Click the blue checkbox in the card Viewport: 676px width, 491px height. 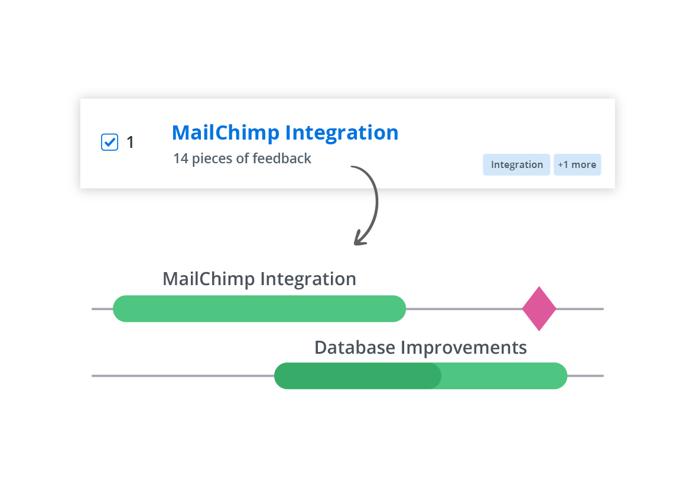109,142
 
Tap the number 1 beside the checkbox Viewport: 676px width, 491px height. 130,143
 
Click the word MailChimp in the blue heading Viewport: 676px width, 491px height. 226,133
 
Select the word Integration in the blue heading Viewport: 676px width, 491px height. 342,133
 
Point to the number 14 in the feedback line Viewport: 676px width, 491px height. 181,159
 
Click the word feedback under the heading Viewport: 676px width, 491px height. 282,159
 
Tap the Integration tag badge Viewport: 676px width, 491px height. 516,164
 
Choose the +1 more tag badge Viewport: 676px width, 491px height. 577,164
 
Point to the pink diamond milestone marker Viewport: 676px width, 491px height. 539,308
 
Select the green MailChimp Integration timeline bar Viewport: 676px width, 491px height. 259,308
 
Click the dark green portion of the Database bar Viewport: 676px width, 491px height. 358,376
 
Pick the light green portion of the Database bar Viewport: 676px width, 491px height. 503,376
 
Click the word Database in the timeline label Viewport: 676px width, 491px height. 355,347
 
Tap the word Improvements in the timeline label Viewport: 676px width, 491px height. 464,347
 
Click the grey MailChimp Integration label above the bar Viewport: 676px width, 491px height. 259,279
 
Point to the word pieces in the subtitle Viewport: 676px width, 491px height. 212,159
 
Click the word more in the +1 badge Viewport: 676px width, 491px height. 584,164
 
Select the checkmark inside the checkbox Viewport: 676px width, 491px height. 109,141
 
